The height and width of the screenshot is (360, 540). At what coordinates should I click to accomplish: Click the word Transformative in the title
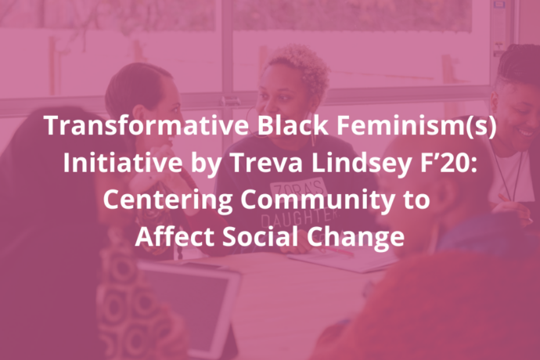click(146, 125)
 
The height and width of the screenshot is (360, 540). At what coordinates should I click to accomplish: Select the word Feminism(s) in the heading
click(416, 126)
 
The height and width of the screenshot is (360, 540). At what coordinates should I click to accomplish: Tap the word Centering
click(167, 200)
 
